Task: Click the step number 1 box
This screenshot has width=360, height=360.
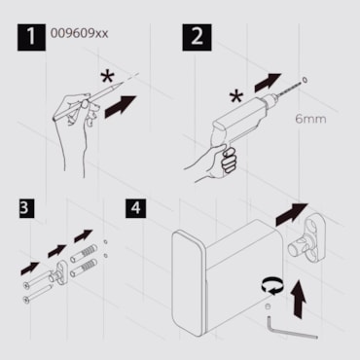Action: tap(31, 36)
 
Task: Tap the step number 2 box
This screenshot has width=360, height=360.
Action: tap(197, 37)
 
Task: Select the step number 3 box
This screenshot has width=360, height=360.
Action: tap(26, 208)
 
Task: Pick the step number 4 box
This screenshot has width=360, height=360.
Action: tap(136, 208)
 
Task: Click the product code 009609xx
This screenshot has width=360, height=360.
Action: tap(79, 33)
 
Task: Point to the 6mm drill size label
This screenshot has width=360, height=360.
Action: tap(310, 119)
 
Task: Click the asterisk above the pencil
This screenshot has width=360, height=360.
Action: tap(107, 78)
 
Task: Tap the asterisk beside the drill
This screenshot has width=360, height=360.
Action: tap(236, 96)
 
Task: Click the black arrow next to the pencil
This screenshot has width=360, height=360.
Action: tap(121, 107)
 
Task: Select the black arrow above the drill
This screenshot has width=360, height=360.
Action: tap(268, 83)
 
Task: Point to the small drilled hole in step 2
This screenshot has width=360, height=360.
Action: tap(305, 80)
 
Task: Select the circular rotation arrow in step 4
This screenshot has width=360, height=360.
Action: tap(273, 286)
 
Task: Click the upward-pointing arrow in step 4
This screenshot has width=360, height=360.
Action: tap(299, 299)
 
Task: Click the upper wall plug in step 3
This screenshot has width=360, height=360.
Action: tap(84, 253)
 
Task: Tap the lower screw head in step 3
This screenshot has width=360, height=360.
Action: tap(26, 300)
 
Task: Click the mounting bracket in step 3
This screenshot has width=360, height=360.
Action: tap(59, 275)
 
